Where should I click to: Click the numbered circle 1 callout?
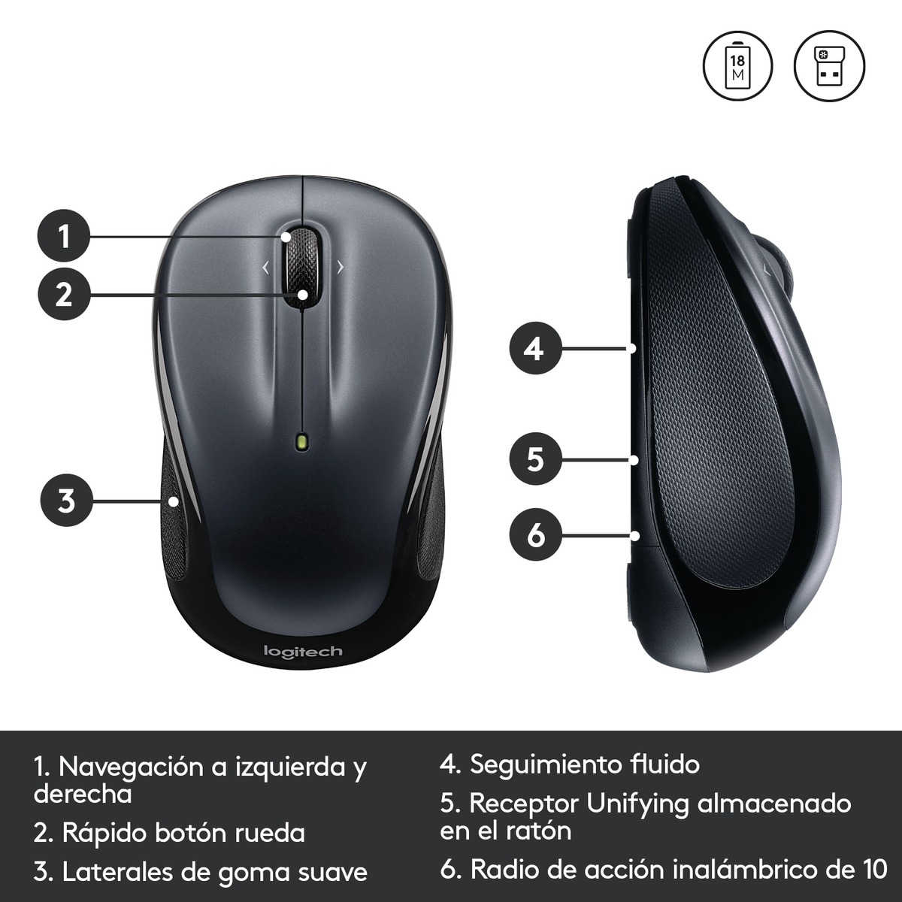[x=64, y=236]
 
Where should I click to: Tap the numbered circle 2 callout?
[x=64, y=294]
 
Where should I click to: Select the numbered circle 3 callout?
[x=66, y=499]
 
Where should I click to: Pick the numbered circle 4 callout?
[x=534, y=349]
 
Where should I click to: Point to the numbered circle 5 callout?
[x=534, y=459]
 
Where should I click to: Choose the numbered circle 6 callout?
[x=534, y=535]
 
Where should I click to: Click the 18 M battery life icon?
[x=738, y=66]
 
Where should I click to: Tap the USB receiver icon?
[x=829, y=66]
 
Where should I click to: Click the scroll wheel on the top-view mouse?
[x=301, y=263]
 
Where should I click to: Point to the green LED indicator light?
[x=302, y=441]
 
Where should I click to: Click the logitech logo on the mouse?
[x=303, y=651]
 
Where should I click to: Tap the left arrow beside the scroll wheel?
[x=265, y=267]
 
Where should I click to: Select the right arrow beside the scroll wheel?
[x=340, y=267]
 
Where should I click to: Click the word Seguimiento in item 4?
[x=545, y=764]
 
